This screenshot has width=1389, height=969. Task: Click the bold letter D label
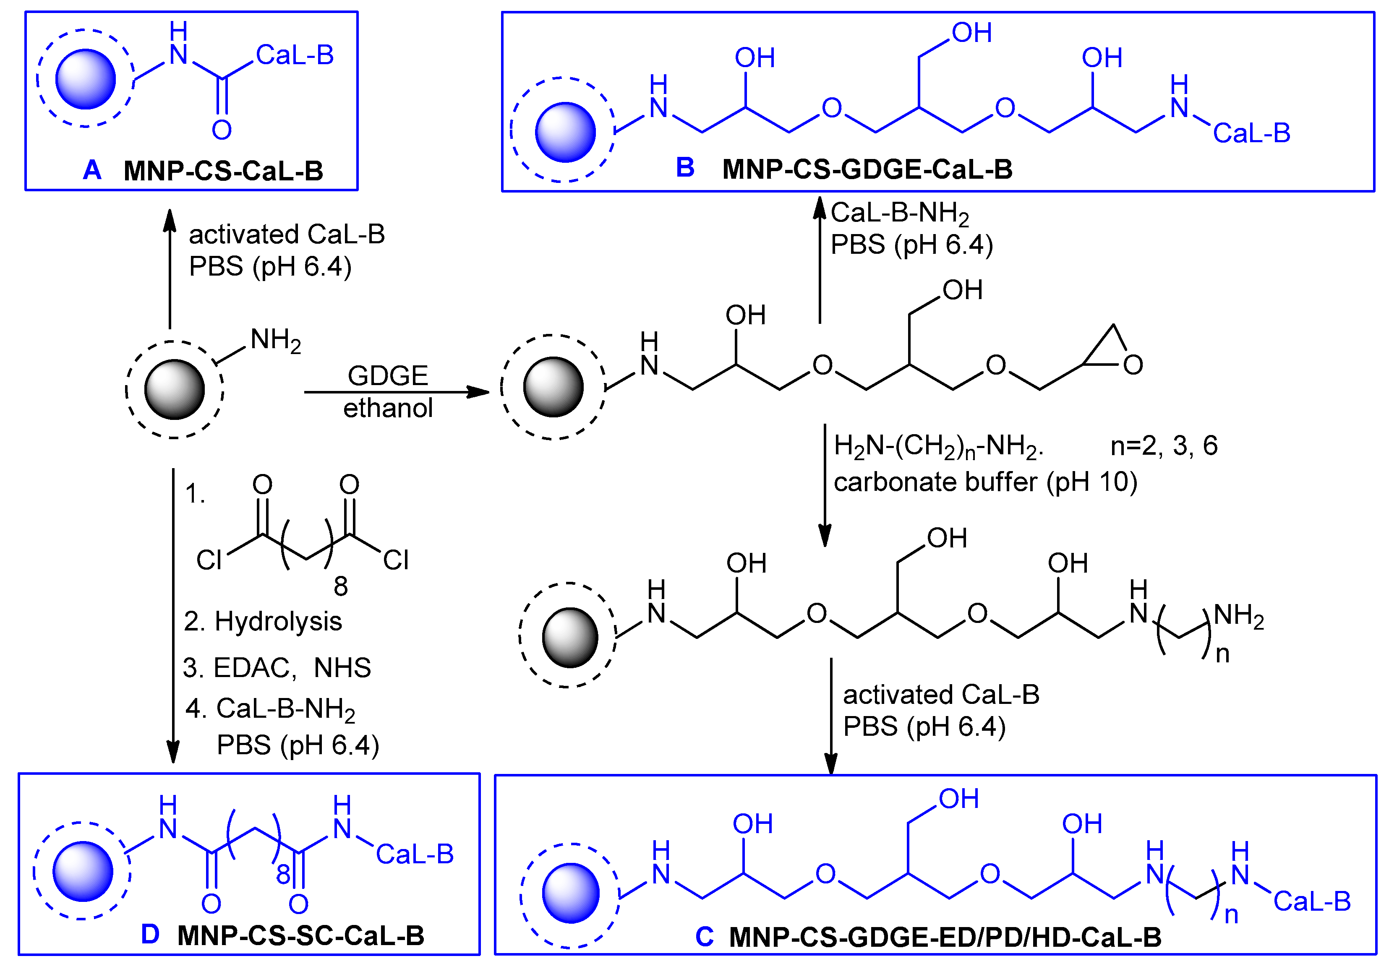pyautogui.click(x=150, y=935)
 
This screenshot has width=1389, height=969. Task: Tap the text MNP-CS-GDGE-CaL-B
pyautogui.click(x=867, y=169)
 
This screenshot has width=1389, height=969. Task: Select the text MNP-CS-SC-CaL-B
pyautogui.click(x=300, y=936)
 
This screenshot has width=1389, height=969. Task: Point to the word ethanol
pyautogui.click(x=388, y=408)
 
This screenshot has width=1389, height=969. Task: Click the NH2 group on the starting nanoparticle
pyautogui.click(x=275, y=341)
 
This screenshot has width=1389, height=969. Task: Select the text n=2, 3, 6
pyautogui.click(x=1163, y=446)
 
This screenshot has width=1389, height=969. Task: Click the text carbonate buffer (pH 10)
pyautogui.click(x=985, y=482)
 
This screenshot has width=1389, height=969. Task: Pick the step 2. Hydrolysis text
pyautogui.click(x=263, y=621)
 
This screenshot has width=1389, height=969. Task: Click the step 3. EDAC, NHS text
pyautogui.click(x=277, y=668)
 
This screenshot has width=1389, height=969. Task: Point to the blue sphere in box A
pyautogui.click(x=85, y=79)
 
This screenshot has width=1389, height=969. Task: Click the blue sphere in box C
pyautogui.click(x=570, y=893)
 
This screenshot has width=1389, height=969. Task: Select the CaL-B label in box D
pyautogui.click(x=415, y=854)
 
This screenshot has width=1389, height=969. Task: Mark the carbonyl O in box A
pyautogui.click(x=222, y=130)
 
